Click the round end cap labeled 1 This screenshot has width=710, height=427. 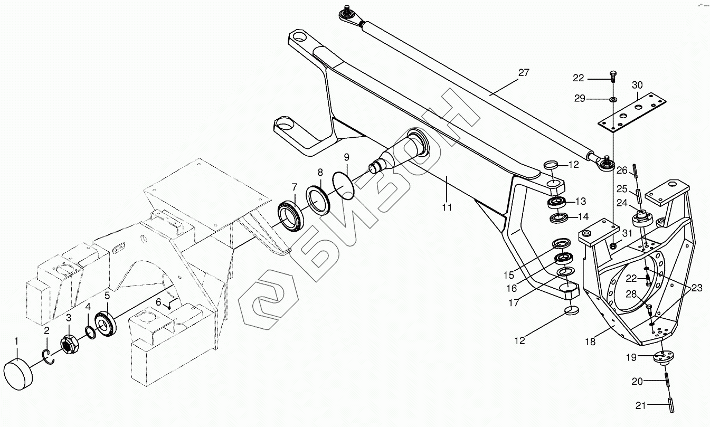[18, 373]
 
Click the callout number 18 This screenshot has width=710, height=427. [590, 341]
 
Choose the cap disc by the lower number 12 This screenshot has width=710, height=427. [571, 310]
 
